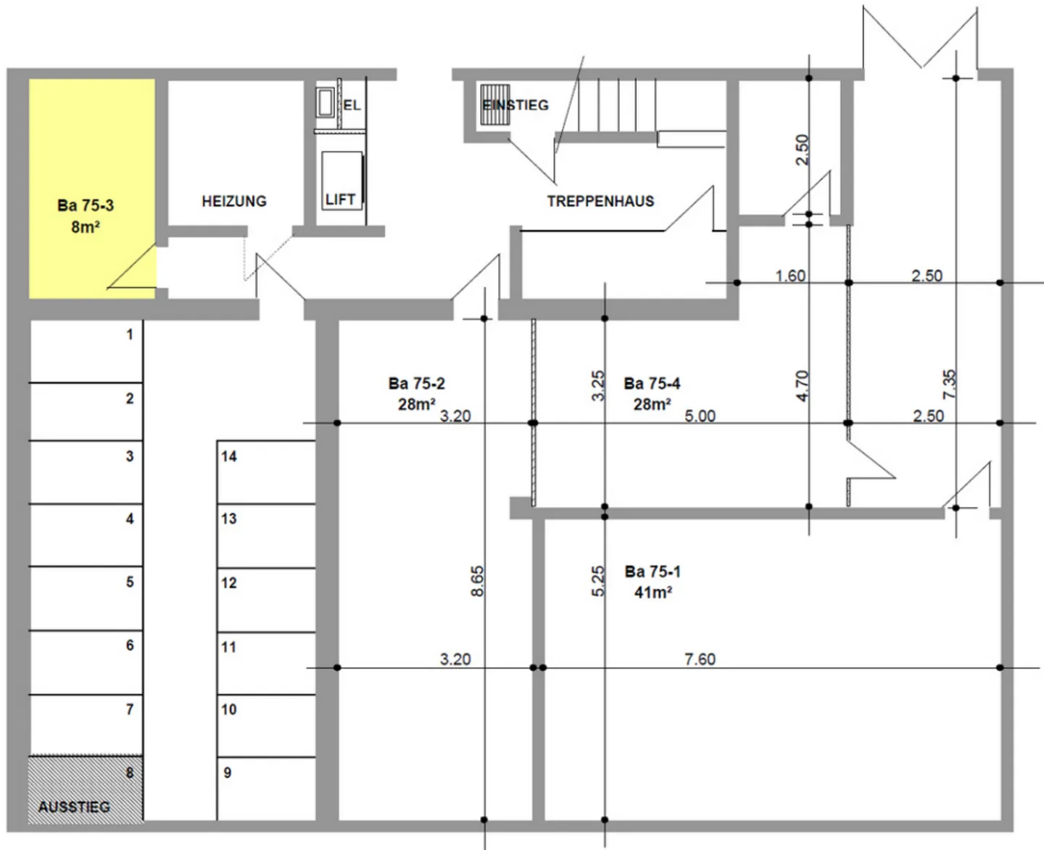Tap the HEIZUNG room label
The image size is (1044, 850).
(x=233, y=201)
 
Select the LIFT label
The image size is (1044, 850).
(x=340, y=199)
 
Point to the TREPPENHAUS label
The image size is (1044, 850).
(x=600, y=201)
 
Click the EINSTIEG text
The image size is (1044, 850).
(x=515, y=105)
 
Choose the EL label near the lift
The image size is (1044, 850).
(x=352, y=105)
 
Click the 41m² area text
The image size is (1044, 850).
(x=652, y=593)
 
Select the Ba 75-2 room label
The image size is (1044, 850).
(x=416, y=383)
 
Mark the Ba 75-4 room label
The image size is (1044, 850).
(x=652, y=383)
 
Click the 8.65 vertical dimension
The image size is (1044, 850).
(x=477, y=581)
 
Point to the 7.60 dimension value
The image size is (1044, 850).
(x=700, y=659)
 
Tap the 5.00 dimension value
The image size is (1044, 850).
(x=700, y=416)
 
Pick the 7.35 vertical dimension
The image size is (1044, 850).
(x=950, y=384)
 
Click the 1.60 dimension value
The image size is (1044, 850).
(x=790, y=276)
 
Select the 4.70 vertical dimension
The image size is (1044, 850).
(x=802, y=386)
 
